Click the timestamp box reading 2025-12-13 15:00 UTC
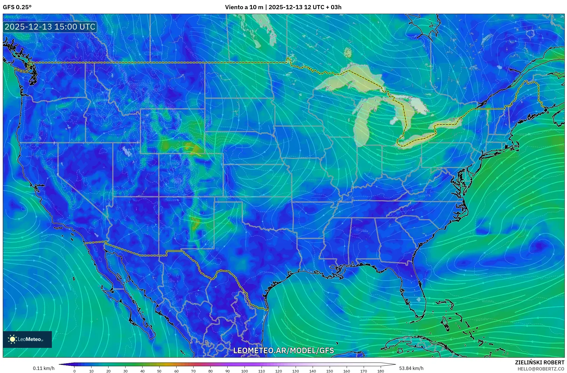tap(50, 27)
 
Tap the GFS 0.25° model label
tap(17, 7)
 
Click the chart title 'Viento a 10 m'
tap(244, 7)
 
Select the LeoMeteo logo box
tap(27, 339)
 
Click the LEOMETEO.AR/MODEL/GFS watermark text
tap(283, 350)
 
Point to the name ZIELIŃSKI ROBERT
tap(539, 362)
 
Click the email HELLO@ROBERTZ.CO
tap(541, 369)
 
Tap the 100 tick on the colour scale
tap(244, 371)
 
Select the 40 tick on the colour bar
tap(142, 371)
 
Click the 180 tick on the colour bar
tap(380, 371)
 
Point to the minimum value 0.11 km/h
tap(44, 368)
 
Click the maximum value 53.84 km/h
tap(411, 368)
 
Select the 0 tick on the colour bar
tap(74, 371)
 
